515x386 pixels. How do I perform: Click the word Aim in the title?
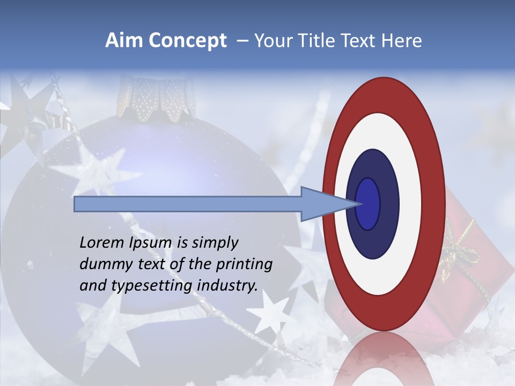[x=124, y=41]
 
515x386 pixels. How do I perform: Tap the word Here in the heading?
[x=401, y=41]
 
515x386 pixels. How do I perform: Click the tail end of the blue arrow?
[x=76, y=204]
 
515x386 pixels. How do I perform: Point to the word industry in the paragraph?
[x=227, y=286]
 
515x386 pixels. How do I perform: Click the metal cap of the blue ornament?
[x=156, y=99]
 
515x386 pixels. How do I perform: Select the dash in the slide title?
[x=242, y=41]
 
